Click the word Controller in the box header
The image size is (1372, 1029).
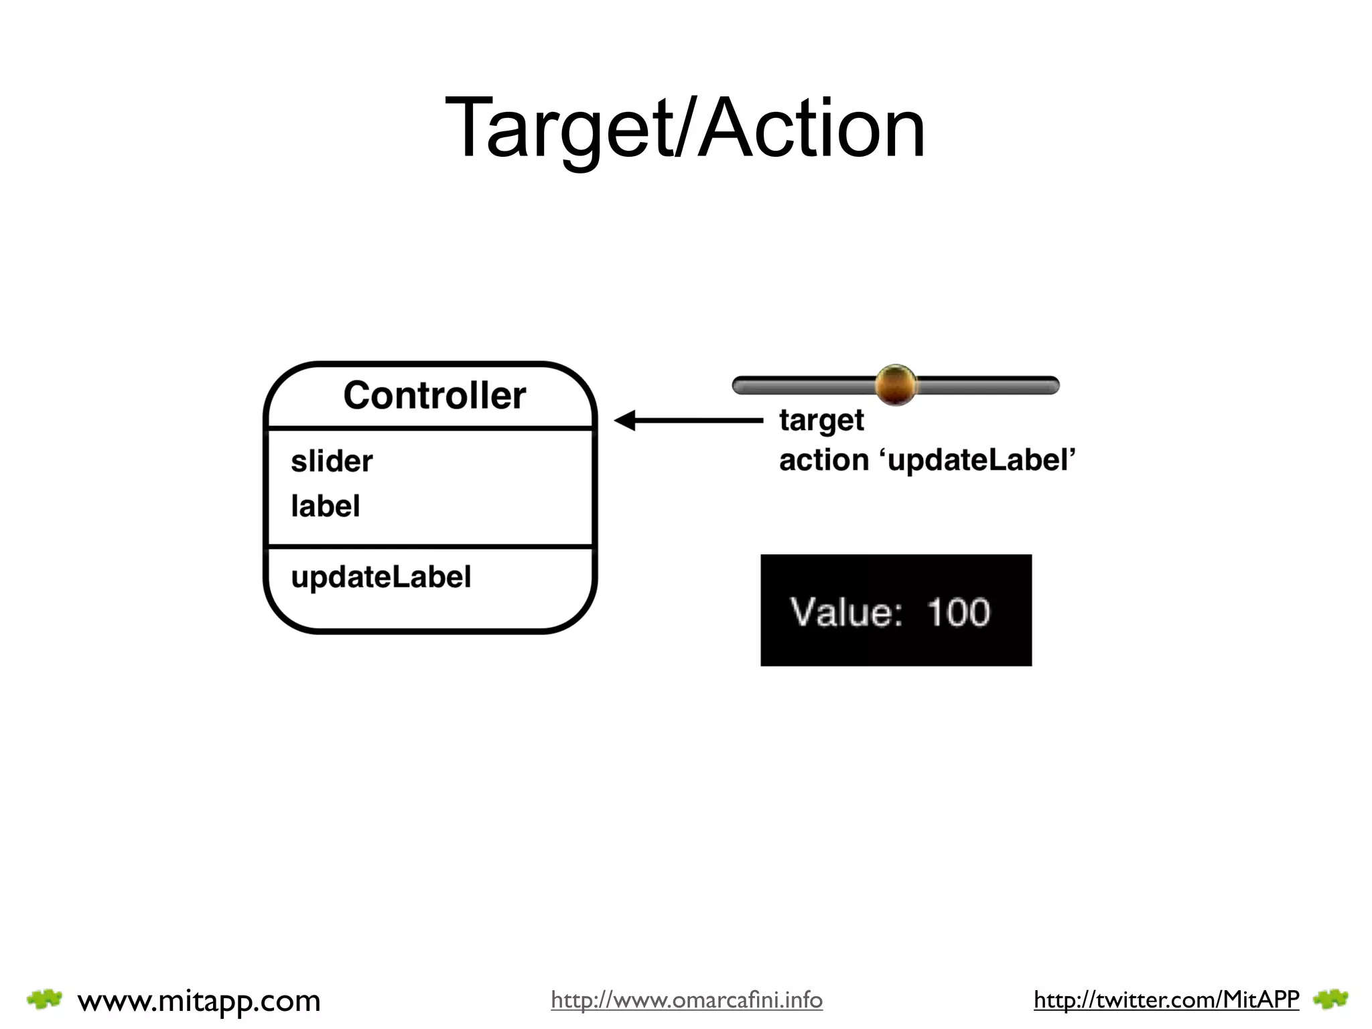pos(434,395)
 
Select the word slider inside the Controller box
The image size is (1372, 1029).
pos(332,462)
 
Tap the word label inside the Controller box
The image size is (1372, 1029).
pos(326,506)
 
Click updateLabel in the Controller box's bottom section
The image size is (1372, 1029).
pos(381,577)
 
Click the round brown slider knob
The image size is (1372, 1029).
pos(896,385)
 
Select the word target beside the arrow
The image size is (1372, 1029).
pos(821,421)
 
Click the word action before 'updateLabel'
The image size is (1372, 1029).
pos(823,460)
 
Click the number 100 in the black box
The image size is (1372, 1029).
pos(958,612)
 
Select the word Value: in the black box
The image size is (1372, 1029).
pos(846,612)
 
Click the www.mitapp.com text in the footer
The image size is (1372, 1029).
pos(199,1001)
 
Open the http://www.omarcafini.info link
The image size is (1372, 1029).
pos(686,1000)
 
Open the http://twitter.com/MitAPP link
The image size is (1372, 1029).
pos(1166,1000)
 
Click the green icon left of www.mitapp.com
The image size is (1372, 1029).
pos(44,1000)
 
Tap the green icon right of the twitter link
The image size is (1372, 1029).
pos(1330,1000)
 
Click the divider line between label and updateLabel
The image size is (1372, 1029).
pos(430,547)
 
